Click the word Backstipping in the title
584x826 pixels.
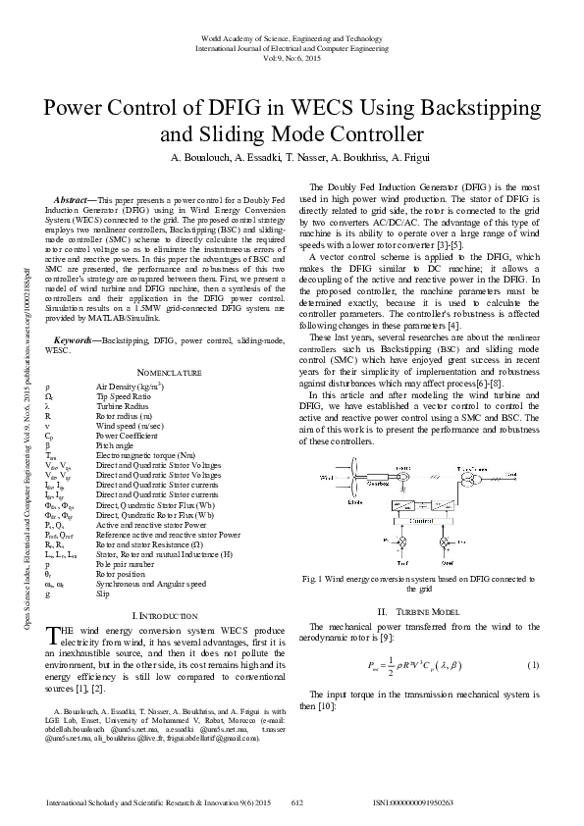click(x=476, y=106)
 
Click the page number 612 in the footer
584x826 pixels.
click(x=297, y=802)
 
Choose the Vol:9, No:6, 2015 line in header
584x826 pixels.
click(x=292, y=56)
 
